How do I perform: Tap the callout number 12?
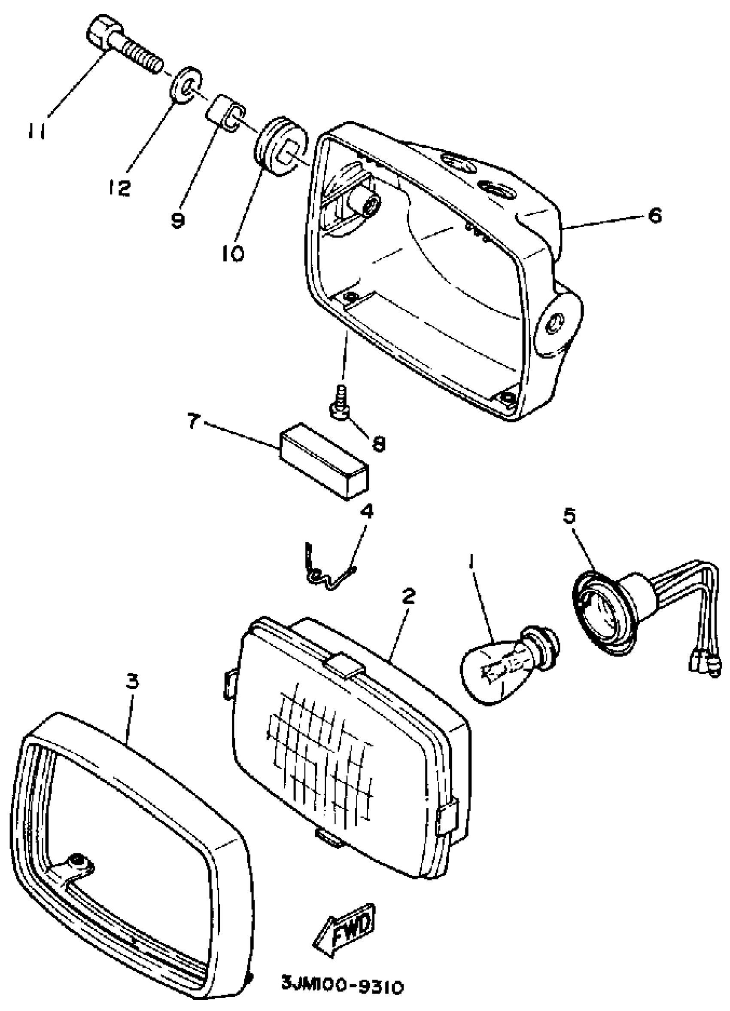point(119,189)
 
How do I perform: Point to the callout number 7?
point(193,421)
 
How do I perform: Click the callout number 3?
point(132,681)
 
